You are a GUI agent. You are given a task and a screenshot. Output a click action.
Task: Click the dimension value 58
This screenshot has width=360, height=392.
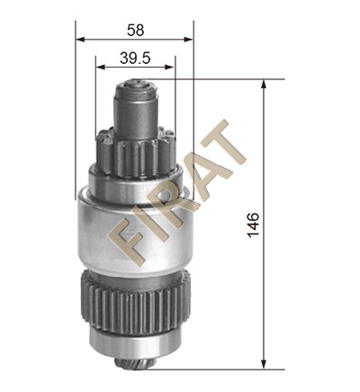pyautogui.click(x=136, y=31)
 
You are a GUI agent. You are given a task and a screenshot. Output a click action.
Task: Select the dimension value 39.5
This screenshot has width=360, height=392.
pyautogui.click(x=135, y=58)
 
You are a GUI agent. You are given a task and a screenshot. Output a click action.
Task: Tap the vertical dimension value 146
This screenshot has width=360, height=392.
pyautogui.click(x=253, y=224)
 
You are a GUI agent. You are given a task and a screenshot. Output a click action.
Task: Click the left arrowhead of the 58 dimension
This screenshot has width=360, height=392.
pyautogui.click(x=81, y=40)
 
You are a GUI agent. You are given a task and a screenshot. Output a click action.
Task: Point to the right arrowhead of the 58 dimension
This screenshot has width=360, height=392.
pyautogui.click(x=188, y=40)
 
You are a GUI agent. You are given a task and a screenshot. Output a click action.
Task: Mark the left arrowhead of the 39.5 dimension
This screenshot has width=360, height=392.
pyautogui.click(x=101, y=67)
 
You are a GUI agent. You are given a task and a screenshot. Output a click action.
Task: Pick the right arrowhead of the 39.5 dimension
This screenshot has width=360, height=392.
pyautogui.click(x=169, y=67)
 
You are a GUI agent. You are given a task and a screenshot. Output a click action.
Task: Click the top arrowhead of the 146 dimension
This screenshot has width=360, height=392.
pyautogui.click(x=264, y=85)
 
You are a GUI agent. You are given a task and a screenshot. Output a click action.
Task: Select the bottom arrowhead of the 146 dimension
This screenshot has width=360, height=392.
pyautogui.click(x=264, y=364)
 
